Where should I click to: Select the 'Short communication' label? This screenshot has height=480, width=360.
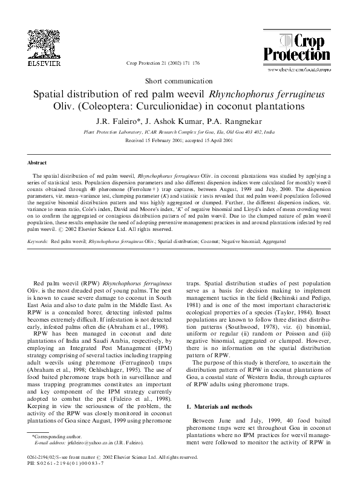(x=180, y=80)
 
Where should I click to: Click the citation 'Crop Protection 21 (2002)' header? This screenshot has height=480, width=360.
(x=159, y=63)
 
